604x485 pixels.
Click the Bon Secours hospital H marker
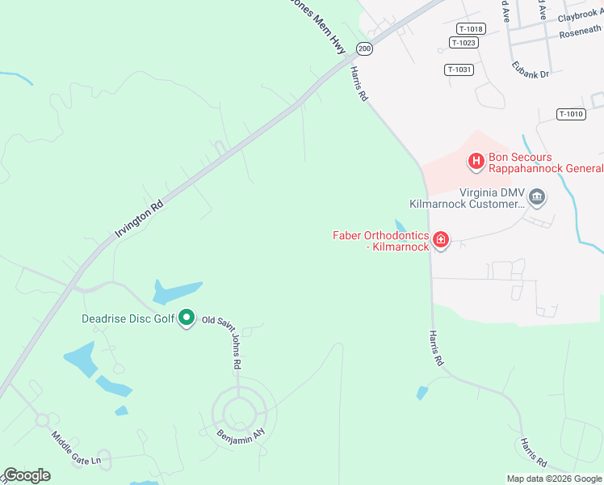[476, 162]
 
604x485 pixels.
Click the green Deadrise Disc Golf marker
[187, 318]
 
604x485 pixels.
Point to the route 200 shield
[364, 48]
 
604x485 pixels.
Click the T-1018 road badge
[469, 29]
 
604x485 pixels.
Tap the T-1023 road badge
[463, 43]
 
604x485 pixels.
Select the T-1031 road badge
[459, 70]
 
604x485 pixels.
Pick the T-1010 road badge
[570, 114]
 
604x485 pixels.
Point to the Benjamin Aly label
[241, 434]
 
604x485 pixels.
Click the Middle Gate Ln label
[76, 448]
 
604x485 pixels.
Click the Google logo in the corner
[27, 475]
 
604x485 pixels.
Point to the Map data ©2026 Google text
[554, 479]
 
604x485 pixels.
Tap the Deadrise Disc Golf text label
[128, 318]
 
